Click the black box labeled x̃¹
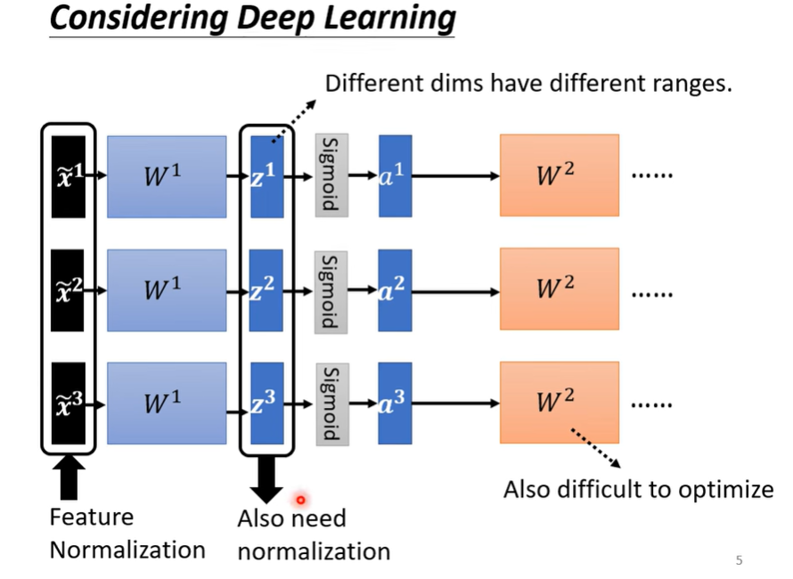click(69, 176)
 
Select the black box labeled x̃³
click(69, 403)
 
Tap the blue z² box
click(266, 290)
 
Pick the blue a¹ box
click(395, 176)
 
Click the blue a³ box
click(395, 403)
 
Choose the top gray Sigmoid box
click(331, 175)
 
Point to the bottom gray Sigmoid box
click(332, 404)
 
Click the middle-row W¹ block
click(167, 290)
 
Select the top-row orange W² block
click(560, 175)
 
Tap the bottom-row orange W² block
click(560, 403)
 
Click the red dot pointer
click(301, 500)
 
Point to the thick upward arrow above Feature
click(69, 477)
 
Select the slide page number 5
click(739, 560)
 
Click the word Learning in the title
click(389, 18)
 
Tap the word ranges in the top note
click(691, 84)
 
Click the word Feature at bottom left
click(92, 517)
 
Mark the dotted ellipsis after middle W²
click(652, 294)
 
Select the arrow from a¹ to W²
click(455, 176)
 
